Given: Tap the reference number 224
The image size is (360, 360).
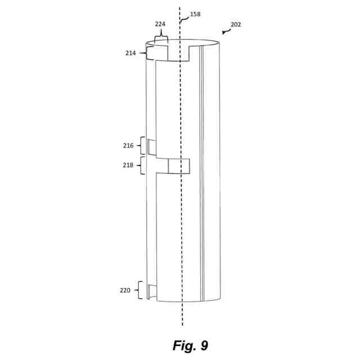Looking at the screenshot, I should pyautogui.click(x=161, y=24).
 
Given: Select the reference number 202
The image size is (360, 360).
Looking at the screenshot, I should pyautogui.click(x=236, y=25).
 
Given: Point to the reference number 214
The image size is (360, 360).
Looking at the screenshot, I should pyautogui.click(x=132, y=53).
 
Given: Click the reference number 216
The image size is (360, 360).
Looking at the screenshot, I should pyautogui.click(x=128, y=146).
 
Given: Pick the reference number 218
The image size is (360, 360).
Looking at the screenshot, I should pyautogui.click(x=128, y=165).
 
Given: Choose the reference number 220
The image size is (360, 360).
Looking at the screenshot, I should pyautogui.click(x=125, y=291).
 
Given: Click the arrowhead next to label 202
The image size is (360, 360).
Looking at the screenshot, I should pyautogui.click(x=224, y=33).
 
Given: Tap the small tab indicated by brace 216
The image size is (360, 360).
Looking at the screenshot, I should pyautogui.click(x=151, y=146).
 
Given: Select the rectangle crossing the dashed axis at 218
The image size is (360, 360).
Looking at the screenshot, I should pyautogui.click(x=179, y=166).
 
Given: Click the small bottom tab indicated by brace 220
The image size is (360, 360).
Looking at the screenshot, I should pyautogui.click(x=151, y=291).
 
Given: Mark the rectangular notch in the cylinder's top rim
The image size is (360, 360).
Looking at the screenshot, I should pyautogui.click(x=178, y=52).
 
